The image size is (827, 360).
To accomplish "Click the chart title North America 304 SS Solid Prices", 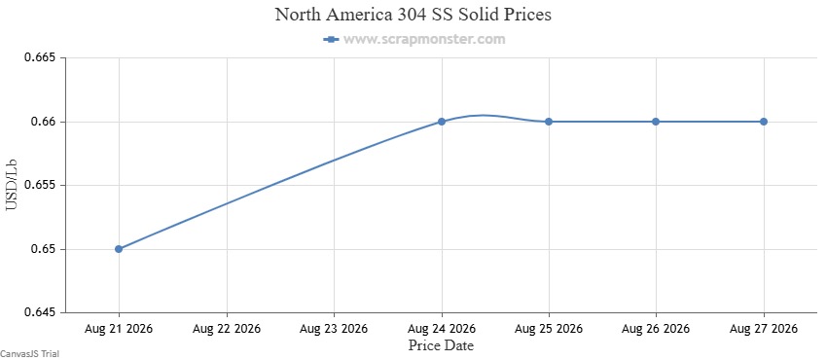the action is click(x=413, y=15).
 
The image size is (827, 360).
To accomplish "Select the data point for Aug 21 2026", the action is click(x=119, y=249).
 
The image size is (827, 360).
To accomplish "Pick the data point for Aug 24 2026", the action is click(x=442, y=122).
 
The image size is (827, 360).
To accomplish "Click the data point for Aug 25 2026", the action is click(x=549, y=122).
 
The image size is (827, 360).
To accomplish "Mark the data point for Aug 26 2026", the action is click(x=656, y=122).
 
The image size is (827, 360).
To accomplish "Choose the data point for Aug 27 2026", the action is click(x=763, y=122).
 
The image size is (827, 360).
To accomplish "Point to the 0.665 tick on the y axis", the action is click(x=40, y=57).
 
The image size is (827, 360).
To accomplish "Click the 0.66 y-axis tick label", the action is click(x=43, y=122).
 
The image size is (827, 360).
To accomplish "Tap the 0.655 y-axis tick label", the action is click(x=40, y=186).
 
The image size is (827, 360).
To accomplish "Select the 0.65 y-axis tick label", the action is click(x=43, y=249).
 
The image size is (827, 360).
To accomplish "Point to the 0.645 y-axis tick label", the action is click(x=40, y=313).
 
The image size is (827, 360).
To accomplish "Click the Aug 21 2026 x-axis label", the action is click(x=119, y=329).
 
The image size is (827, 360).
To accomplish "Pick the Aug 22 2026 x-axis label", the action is click(x=227, y=329).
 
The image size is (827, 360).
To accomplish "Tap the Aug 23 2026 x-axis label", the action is click(x=334, y=329).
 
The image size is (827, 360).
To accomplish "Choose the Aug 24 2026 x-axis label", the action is click(x=442, y=329).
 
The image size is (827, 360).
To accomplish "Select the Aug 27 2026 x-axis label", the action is click(x=763, y=329).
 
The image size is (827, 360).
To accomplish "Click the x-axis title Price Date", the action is click(x=441, y=345).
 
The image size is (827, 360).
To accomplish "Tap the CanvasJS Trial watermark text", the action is click(x=29, y=353).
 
